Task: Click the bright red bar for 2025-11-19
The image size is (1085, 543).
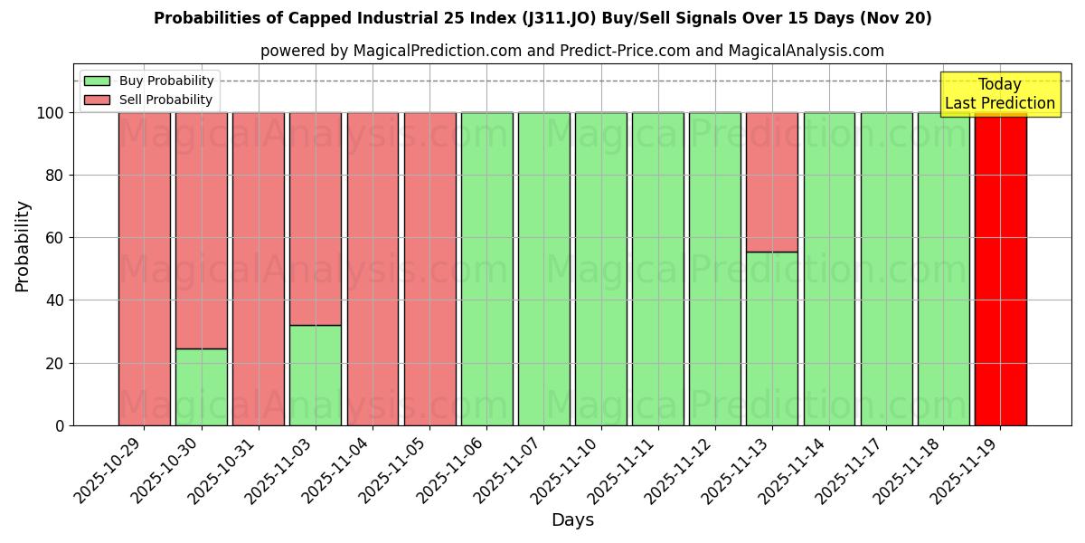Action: pos(1000,269)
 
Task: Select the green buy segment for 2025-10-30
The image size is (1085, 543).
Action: pos(202,386)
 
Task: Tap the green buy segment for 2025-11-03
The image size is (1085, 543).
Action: pos(316,375)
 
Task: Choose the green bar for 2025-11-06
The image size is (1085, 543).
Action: pos(486,269)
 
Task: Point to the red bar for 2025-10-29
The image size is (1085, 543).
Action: pos(145,269)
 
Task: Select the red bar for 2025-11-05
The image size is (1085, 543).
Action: pos(429,269)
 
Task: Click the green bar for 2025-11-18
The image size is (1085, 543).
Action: pos(943,269)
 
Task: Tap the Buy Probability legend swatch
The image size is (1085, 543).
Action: pos(97,81)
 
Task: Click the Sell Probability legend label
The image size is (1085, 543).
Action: pos(165,100)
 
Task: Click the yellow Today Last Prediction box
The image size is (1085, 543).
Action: pos(999,94)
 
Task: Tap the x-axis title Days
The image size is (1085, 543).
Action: pos(572,520)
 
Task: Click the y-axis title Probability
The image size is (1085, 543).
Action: pos(23,246)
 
